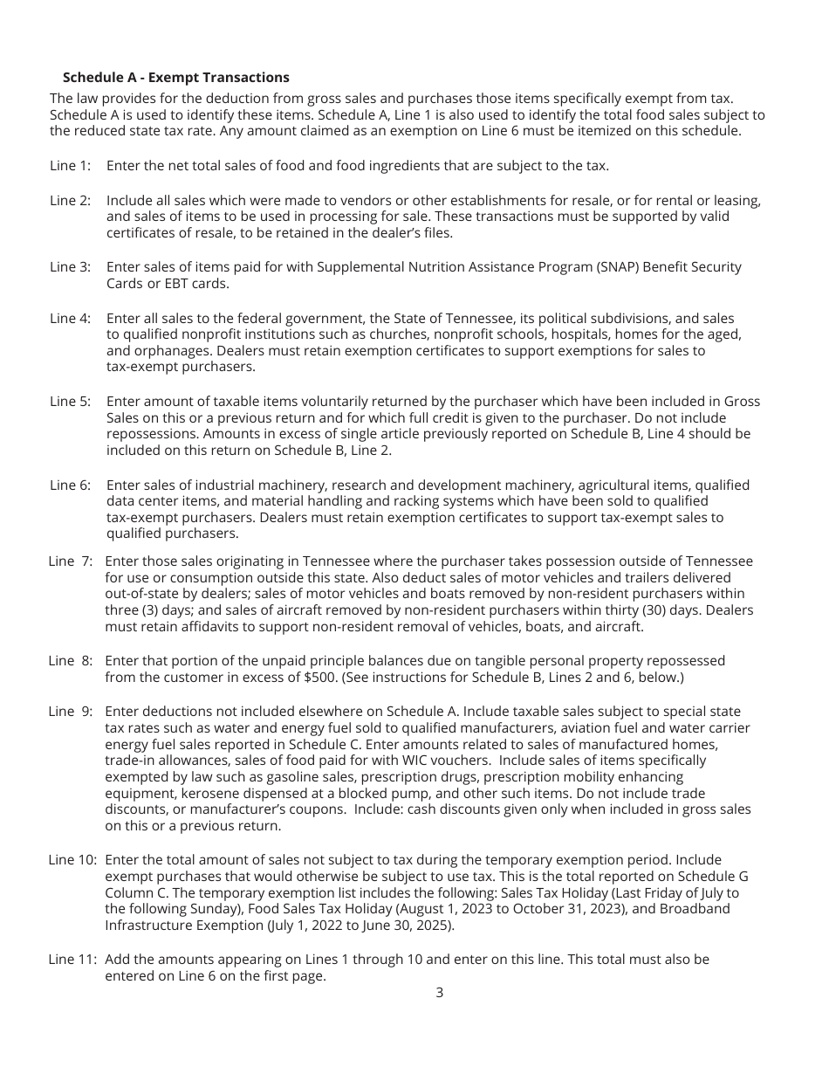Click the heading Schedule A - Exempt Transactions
coord(175,78)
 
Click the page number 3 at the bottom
coord(439,992)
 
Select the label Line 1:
coord(70,165)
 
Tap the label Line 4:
coord(70,319)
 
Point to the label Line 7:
coord(70,561)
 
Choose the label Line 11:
coord(72,959)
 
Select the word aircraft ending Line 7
coord(619,626)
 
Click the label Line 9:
coord(70,711)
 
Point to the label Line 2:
coord(70,200)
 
